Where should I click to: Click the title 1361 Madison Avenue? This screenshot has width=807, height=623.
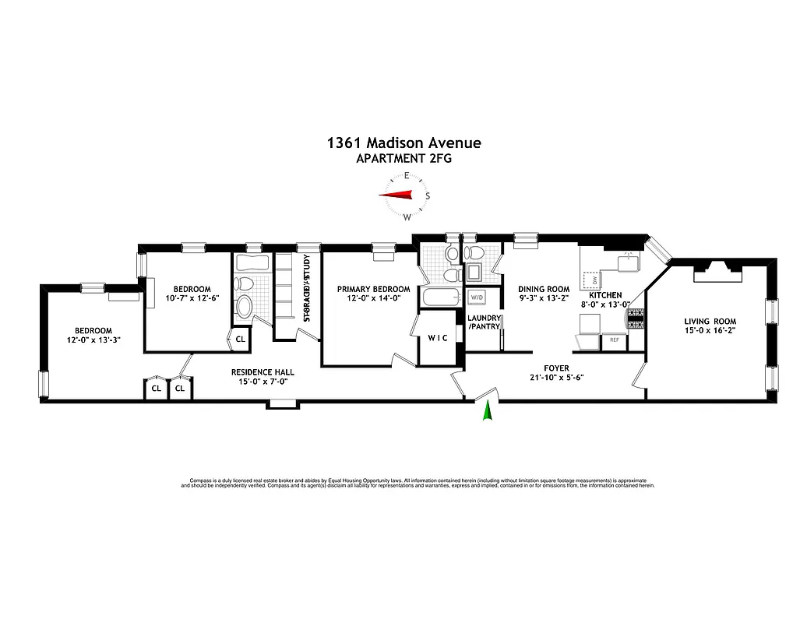pos(403,143)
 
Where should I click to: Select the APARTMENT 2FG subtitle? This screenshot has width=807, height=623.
pos(403,158)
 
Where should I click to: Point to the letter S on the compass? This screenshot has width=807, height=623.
pos(428,195)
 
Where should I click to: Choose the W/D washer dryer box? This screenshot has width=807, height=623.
pos(475,297)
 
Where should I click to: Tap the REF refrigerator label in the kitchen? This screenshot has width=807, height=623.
pos(614,340)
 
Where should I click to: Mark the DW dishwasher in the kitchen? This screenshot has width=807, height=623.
pos(594,279)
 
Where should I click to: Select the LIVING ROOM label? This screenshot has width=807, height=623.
pos(710,322)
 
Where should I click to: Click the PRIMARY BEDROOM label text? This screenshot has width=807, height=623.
pos(373,289)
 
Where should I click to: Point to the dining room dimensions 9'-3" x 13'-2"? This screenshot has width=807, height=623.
pos(544,297)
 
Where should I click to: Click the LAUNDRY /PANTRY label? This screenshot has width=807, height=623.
pos(483,322)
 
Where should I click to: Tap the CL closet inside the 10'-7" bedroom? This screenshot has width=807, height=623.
pos(240,339)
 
